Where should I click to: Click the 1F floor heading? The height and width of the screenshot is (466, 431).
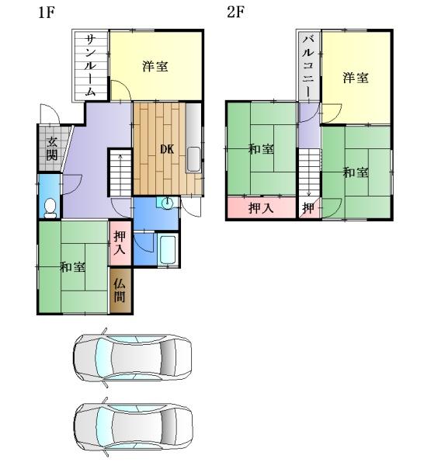pyautogui.click(x=47, y=12)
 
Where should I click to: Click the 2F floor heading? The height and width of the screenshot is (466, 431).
pyautogui.click(x=236, y=12)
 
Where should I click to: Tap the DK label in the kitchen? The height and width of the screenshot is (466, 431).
pyautogui.click(x=167, y=149)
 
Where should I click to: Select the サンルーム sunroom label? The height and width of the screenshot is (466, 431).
pyautogui.click(x=90, y=65)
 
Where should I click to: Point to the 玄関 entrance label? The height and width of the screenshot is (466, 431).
pyautogui.click(x=52, y=148)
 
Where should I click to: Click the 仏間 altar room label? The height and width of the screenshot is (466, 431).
pyautogui.click(x=120, y=290)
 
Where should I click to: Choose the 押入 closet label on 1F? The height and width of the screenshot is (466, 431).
pyautogui.click(x=120, y=242)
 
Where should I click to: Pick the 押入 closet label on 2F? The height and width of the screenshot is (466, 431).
pyautogui.click(x=261, y=207)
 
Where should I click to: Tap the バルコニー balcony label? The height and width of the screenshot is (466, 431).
pyautogui.click(x=309, y=65)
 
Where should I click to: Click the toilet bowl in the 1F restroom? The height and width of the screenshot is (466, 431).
pyautogui.click(x=50, y=208)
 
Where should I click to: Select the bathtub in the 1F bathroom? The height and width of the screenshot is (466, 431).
pyautogui.click(x=168, y=249)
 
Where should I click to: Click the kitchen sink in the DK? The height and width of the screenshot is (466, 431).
pyautogui.click(x=193, y=159)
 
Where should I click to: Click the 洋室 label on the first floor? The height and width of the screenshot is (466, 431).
pyautogui.click(x=155, y=66)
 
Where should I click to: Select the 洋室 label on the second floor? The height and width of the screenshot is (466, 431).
pyautogui.click(x=356, y=78)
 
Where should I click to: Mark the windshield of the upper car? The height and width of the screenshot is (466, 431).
pyautogui.click(x=103, y=357)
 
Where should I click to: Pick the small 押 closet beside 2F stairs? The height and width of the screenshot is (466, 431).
pyautogui.click(x=309, y=208)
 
